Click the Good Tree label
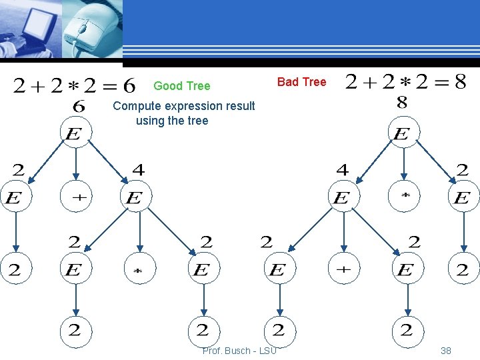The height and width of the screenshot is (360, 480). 181,86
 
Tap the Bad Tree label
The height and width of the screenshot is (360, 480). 301,82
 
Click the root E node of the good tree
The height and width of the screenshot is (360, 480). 75,133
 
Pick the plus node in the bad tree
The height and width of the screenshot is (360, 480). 343,270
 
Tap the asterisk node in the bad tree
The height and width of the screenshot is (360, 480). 404,197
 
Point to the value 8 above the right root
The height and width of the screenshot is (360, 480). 402,103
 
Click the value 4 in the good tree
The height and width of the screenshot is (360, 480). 138,171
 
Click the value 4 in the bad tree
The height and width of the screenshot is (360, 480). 342,171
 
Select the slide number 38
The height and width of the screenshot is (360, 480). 446,351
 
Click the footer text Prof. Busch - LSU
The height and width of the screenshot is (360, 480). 239,351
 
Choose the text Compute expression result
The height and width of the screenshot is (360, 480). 184,106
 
